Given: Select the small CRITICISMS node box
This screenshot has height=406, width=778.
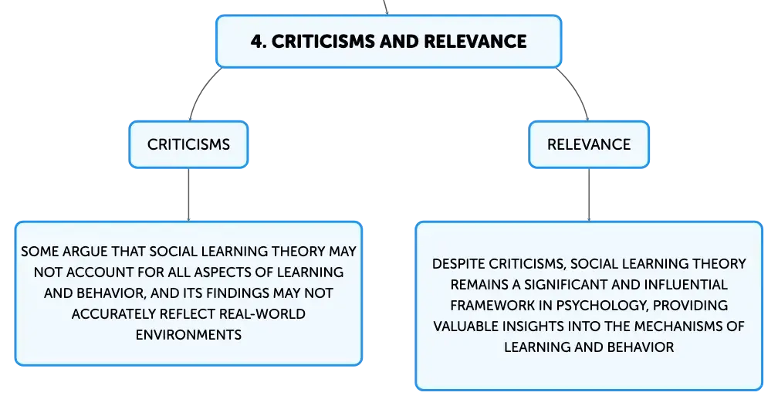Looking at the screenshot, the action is coord(188,144).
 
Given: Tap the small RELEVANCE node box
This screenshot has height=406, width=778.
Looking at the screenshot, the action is coord(589,144).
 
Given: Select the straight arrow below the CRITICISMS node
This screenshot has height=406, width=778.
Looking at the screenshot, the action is coord(188,195).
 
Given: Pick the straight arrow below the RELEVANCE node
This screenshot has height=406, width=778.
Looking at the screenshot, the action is coord(589,195).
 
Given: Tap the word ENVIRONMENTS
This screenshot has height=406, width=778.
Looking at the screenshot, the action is coord(188,335).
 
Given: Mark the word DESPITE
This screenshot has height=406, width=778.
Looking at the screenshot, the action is coord(458,264).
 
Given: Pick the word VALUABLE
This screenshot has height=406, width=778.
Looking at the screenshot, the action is coord(466,326).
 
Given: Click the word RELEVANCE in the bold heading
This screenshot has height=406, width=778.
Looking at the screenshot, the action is coord(475,42).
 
